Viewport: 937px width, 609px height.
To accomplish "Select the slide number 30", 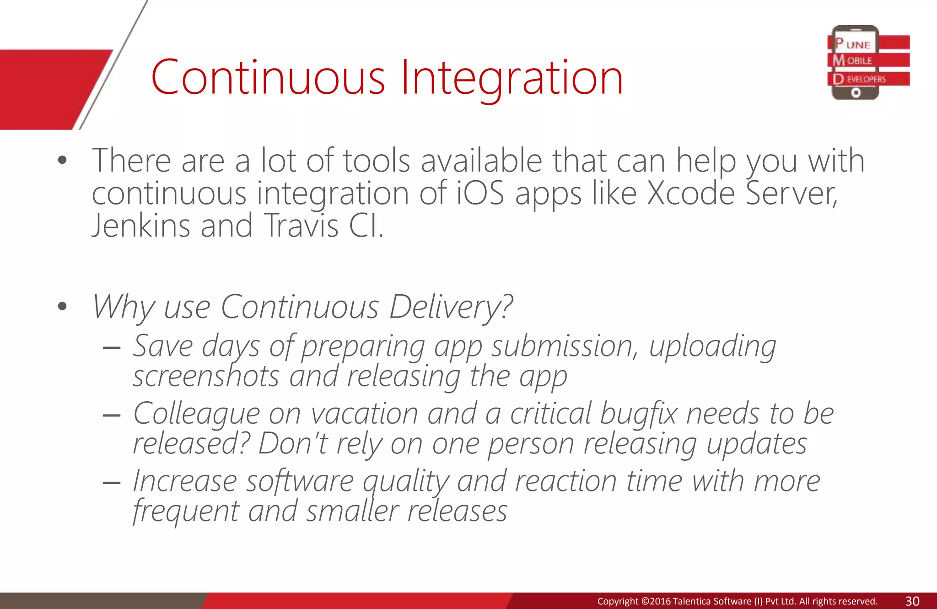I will tap(912, 601).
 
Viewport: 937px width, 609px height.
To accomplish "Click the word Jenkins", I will tap(141, 226).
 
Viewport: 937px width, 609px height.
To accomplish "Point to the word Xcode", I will tap(691, 194).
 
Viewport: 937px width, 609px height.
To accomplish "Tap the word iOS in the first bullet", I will tap(480, 194).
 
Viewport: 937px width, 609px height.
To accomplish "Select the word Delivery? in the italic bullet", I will tap(451, 307).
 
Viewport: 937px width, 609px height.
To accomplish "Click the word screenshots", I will tap(206, 377).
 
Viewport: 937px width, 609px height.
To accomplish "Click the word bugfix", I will tap(638, 414).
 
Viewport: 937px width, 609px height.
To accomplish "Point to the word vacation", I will tap(365, 414).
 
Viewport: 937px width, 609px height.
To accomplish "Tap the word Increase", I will tap(185, 482).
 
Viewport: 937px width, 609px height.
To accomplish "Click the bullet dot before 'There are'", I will tap(63, 161).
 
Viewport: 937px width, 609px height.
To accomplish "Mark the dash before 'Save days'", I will tap(112, 348).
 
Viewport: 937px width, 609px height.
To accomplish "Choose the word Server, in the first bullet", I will tap(792, 194).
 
